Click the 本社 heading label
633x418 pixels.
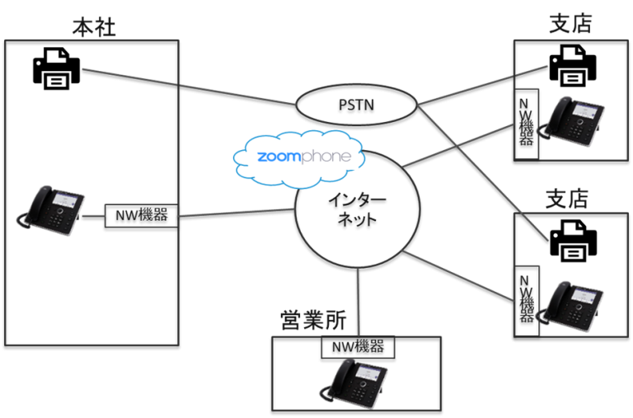pos(93,26)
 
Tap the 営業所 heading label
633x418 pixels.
pos(313,320)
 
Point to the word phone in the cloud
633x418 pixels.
pos(330,157)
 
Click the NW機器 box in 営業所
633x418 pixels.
pos(357,346)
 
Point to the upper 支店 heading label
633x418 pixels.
pos(570,25)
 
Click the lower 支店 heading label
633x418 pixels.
pos(567,199)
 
